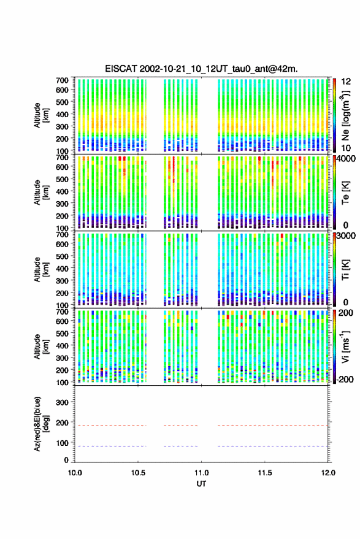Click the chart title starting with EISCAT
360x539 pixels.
point(201,69)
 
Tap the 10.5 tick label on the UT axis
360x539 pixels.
point(138,473)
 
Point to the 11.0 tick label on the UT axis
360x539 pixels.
point(201,473)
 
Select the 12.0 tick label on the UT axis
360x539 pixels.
point(328,473)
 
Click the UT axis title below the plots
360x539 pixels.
point(201,484)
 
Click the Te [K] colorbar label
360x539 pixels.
point(345,193)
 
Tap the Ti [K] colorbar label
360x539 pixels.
point(345,270)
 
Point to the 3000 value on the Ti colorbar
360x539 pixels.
point(347,236)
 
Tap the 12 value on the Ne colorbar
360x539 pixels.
point(347,82)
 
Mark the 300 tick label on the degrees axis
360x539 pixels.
point(62,402)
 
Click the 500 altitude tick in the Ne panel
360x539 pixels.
point(62,102)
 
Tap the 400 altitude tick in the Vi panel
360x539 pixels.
point(62,345)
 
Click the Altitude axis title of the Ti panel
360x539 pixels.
point(41,270)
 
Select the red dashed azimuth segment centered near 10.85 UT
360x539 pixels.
point(180,426)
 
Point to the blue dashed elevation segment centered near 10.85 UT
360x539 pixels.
point(180,446)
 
